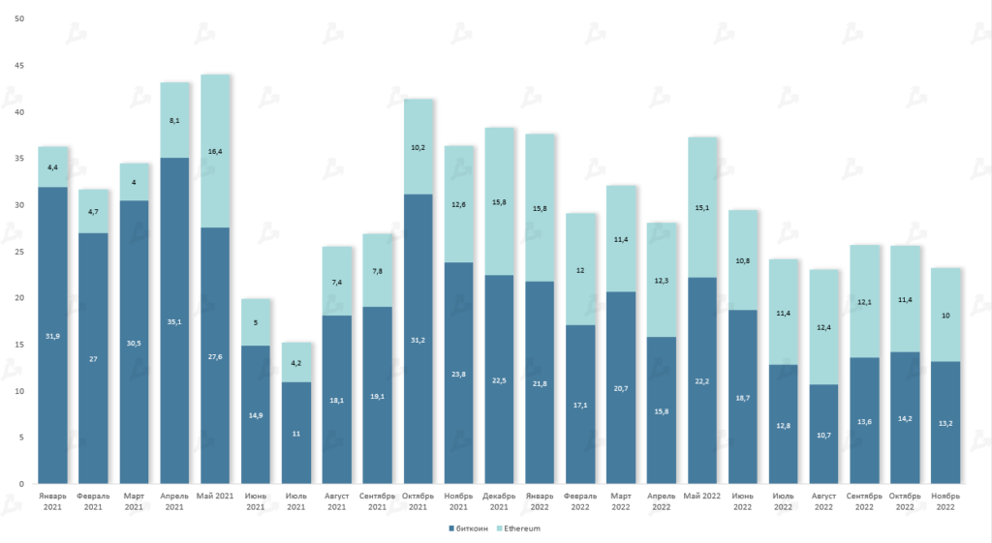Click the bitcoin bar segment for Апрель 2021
[174, 319]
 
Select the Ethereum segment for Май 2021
[215, 151]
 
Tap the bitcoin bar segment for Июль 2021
[296, 432]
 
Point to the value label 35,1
[174, 322]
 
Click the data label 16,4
[215, 151]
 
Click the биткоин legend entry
[469, 528]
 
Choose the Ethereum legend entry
[519, 528]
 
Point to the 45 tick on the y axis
[19, 66]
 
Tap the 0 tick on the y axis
[22, 484]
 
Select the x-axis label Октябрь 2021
[418, 500]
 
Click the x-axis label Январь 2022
[540, 500]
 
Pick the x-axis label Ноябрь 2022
[945, 500]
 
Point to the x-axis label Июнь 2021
[256, 500]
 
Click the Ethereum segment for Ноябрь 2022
[945, 315]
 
